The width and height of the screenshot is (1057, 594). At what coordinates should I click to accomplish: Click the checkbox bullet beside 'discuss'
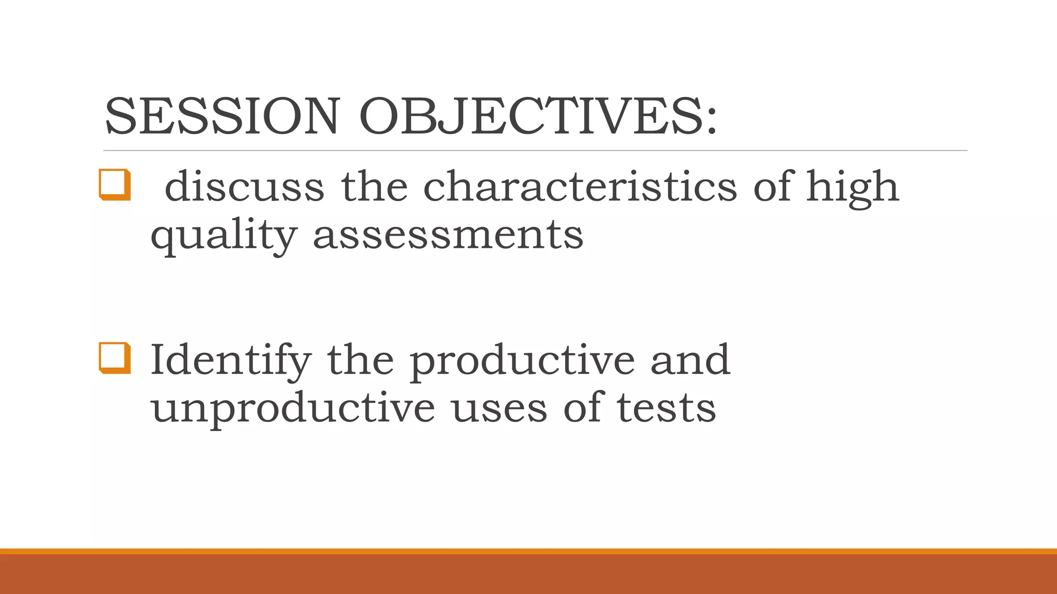115,184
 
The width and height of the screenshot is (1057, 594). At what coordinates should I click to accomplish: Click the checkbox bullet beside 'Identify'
115,357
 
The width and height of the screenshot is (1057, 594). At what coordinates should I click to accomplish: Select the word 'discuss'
244,186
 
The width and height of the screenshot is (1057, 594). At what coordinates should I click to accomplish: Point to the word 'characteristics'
580,186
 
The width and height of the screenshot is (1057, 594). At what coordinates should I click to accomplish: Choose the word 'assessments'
448,235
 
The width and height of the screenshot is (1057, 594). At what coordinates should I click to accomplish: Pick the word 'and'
690,359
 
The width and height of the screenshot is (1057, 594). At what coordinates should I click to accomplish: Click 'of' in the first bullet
772,186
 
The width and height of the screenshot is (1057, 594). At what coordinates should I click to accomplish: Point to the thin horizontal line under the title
535,151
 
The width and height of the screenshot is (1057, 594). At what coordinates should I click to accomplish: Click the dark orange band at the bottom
528,574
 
